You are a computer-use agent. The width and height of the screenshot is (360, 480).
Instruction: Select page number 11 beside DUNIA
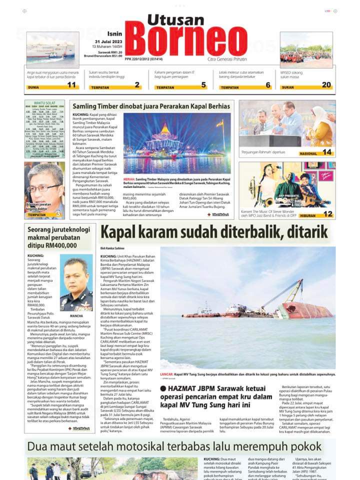tap(72, 85)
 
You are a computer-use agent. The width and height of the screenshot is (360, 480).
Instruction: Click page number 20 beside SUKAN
tap(326, 85)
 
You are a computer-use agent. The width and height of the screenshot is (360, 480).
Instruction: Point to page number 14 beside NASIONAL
tap(327, 152)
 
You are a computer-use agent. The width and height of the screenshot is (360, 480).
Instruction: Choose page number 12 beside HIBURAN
tap(327, 213)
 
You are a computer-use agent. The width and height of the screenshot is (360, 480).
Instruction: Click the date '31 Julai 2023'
tap(109, 42)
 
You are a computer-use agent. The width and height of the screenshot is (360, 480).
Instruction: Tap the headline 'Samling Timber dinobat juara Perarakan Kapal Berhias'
tap(151, 106)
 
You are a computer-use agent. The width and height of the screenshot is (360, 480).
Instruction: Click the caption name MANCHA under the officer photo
tap(76, 316)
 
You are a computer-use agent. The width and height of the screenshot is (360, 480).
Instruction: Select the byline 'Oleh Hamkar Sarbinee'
tap(112, 248)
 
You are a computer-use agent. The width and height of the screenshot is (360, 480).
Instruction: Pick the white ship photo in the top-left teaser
tap(52, 50)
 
